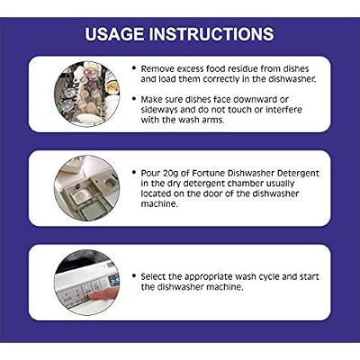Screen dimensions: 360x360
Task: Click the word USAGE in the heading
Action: [114, 34]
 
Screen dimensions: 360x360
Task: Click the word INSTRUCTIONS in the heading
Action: [211, 34]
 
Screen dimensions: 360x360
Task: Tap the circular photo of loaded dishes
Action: [86, 94]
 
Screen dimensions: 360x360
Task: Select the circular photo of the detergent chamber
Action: [86, 188]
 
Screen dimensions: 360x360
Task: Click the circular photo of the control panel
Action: [86, 283]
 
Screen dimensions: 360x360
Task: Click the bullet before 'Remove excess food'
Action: [134, 68]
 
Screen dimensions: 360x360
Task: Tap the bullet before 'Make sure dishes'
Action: [134, 99]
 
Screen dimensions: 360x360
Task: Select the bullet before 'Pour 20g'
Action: [134, 173]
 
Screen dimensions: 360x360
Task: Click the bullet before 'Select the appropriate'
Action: [134, 276]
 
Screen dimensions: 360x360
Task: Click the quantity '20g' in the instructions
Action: [173, 174]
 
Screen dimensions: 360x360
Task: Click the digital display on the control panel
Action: [114, 281]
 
